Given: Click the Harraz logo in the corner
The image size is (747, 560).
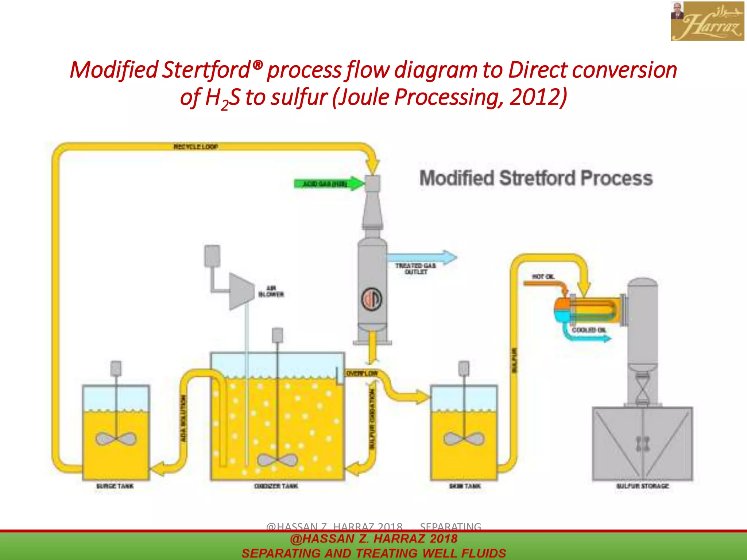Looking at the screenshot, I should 707,21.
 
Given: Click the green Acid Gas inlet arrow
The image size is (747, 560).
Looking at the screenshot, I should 328,183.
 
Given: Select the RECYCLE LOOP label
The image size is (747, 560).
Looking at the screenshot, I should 196,147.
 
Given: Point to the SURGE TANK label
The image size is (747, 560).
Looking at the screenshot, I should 115,486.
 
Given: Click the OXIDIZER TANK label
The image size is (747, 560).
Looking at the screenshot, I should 276,486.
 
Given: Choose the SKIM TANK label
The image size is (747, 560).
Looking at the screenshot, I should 465,486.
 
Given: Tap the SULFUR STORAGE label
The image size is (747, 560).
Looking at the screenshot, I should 643,486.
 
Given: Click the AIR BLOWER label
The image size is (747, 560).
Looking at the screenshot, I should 271,291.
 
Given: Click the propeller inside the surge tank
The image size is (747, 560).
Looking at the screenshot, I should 116,439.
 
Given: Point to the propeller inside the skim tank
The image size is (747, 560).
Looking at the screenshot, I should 464,438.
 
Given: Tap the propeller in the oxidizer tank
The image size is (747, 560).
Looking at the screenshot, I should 277,460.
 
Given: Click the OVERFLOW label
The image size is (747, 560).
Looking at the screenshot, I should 362,373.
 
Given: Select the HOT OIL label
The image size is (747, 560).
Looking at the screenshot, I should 543,277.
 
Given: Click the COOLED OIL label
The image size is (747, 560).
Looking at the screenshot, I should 589,330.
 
